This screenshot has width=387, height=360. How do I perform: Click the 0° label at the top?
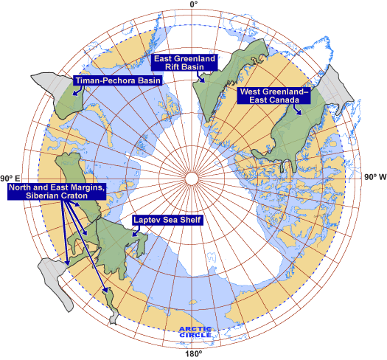point(193,5)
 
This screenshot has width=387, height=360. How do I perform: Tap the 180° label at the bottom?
point(193,354)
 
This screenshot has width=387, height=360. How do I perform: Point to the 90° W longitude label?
point(374,178)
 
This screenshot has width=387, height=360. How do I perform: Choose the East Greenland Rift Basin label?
point(183,62)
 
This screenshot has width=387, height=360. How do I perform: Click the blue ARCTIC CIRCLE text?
point(194,332)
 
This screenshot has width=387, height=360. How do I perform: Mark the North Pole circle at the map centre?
point(193,178)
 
